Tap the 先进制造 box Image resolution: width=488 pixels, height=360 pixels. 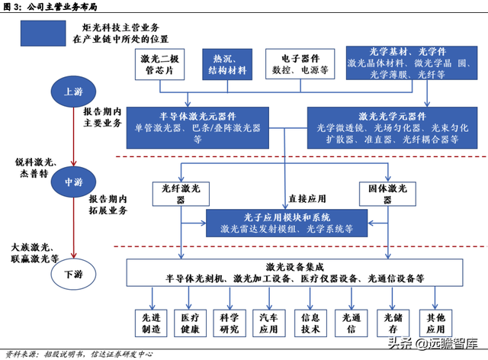tap(146, 323)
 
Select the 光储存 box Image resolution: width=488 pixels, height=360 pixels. tap(390, 323)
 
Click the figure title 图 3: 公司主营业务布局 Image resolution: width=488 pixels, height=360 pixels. tap(50, 8)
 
